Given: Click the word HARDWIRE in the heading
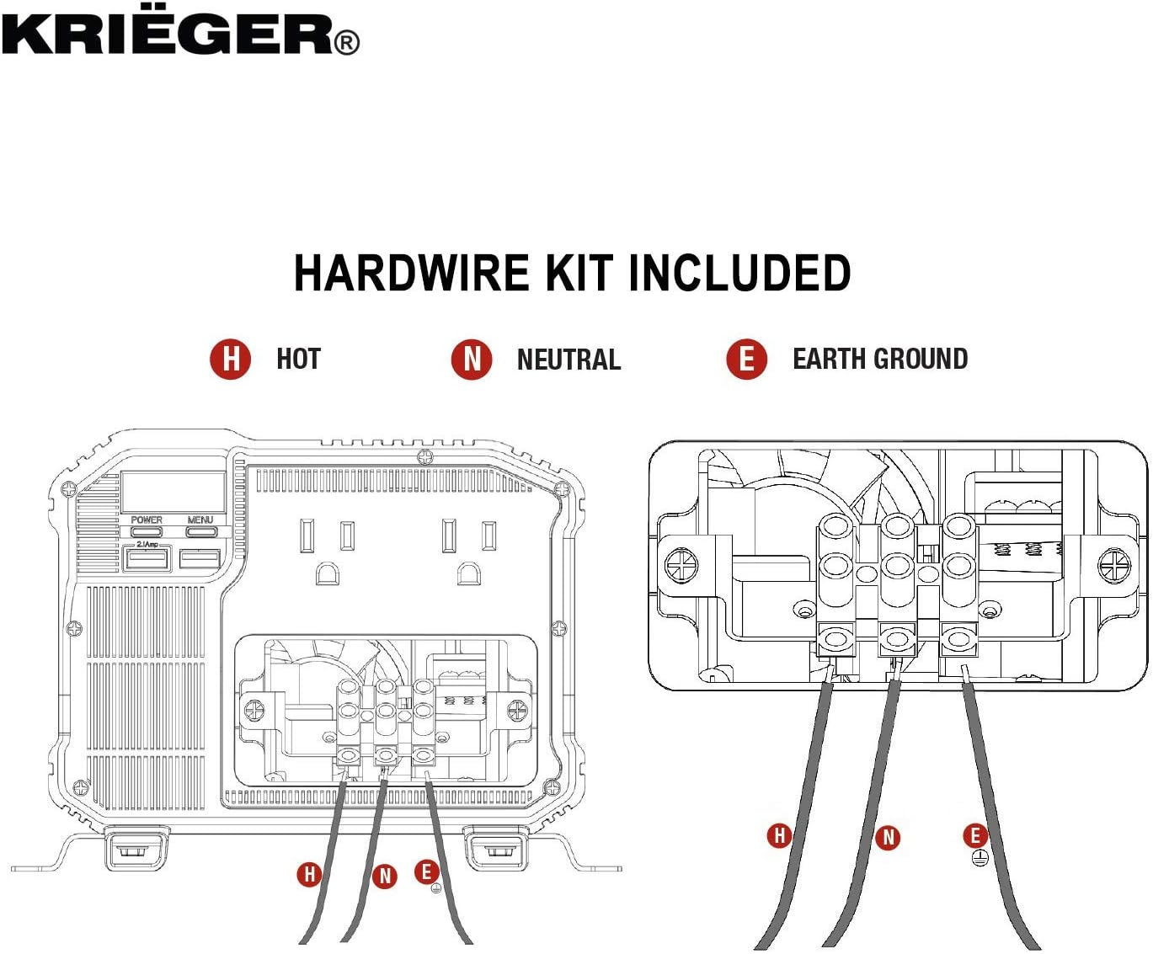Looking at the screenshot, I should click(412, 274).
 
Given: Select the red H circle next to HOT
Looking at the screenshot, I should click(230, 359).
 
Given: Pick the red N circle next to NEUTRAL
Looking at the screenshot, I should click(472, 360).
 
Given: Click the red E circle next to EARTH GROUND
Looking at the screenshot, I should click(746, 359).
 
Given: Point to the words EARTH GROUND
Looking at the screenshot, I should click(879, 359).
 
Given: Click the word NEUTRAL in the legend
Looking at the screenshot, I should click(568, 360).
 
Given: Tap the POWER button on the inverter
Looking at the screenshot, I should click(147, 531).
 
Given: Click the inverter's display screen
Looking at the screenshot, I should click(173, 492).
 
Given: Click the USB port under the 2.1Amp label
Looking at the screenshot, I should click(147, 558).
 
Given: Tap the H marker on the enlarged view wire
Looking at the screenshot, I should click(779, 835).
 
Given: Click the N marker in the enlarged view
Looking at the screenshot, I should click(888, 837).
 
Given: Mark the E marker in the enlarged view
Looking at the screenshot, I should click(975, 835).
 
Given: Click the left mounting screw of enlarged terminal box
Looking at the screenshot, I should click(681, 565).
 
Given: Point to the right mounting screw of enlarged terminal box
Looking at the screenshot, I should click(1115, 565).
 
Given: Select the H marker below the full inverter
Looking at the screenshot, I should click(309, 874).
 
